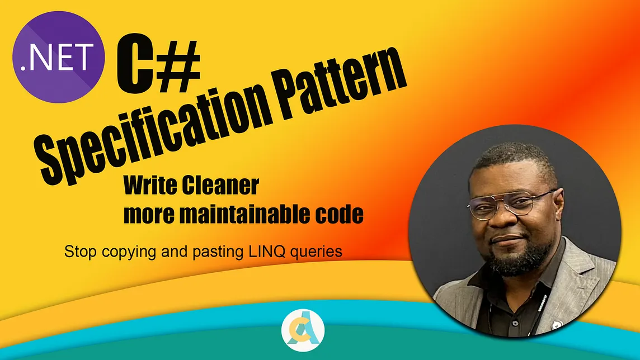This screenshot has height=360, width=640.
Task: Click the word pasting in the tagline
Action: tap(220, 252)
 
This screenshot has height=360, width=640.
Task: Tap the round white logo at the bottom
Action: tap(302, 331)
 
